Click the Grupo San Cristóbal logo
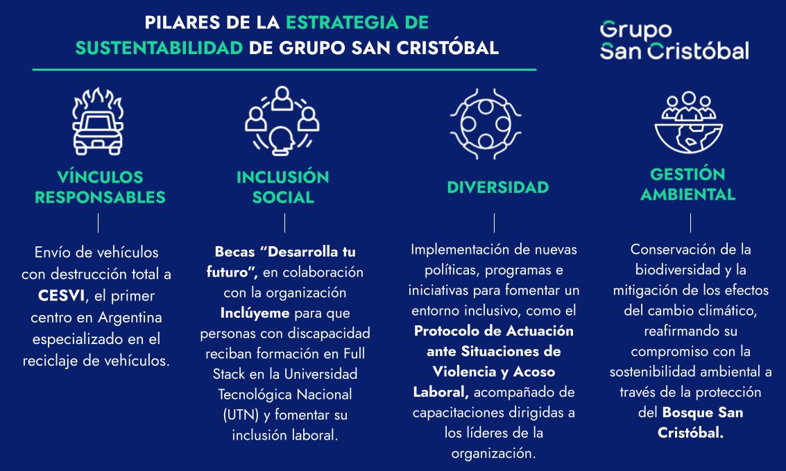(x=674, y=40)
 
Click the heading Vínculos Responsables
(x=100, y=187)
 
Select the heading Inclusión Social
(x=283, y=187)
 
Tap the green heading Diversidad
(x=497, y=187)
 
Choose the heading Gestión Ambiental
(x=687, y=184)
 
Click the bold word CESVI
(x=62, y=296)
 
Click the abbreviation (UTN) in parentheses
(x=242, y=416)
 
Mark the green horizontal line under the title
(x=284, y=69)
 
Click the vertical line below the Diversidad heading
(x=494, y=223)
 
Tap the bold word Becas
(x=234, y=251)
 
